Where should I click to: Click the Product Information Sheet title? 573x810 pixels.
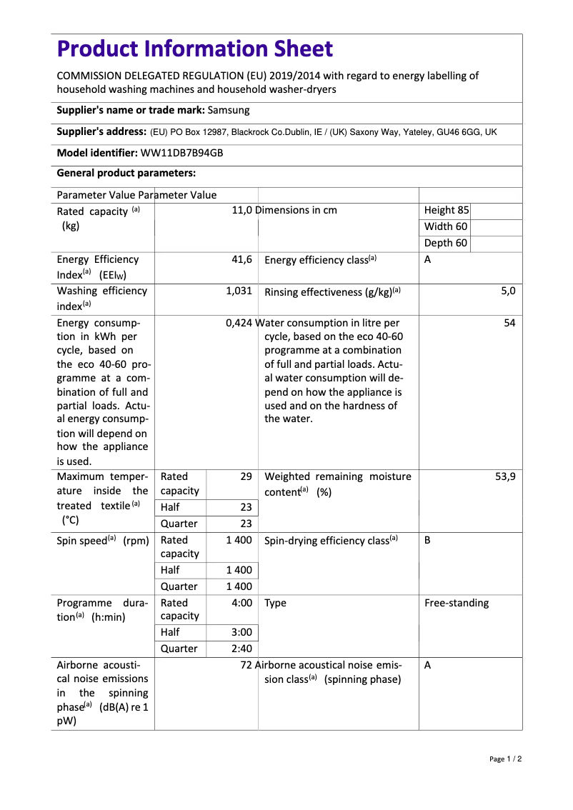click(194, 49)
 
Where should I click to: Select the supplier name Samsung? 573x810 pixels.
click(229, 110)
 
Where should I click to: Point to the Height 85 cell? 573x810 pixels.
click(447, 210)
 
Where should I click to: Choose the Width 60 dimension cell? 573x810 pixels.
click(446, 226)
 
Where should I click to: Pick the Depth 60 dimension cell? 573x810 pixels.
click(446, 243)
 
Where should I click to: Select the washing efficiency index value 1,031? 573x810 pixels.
click(239, 291)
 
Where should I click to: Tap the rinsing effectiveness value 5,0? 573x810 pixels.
click(508, 291)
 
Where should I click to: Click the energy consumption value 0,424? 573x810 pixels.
click(239, 323)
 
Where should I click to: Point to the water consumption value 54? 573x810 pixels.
click(509, 323)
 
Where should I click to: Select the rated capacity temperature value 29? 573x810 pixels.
click(246, 476)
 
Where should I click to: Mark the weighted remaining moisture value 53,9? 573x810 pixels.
click(505, 476)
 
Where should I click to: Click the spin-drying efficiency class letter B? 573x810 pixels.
click(427, 541)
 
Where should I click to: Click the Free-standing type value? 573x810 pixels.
click(457, 603)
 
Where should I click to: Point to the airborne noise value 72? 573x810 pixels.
click(246, 665)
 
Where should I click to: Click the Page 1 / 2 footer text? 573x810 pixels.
click(505, 759)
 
